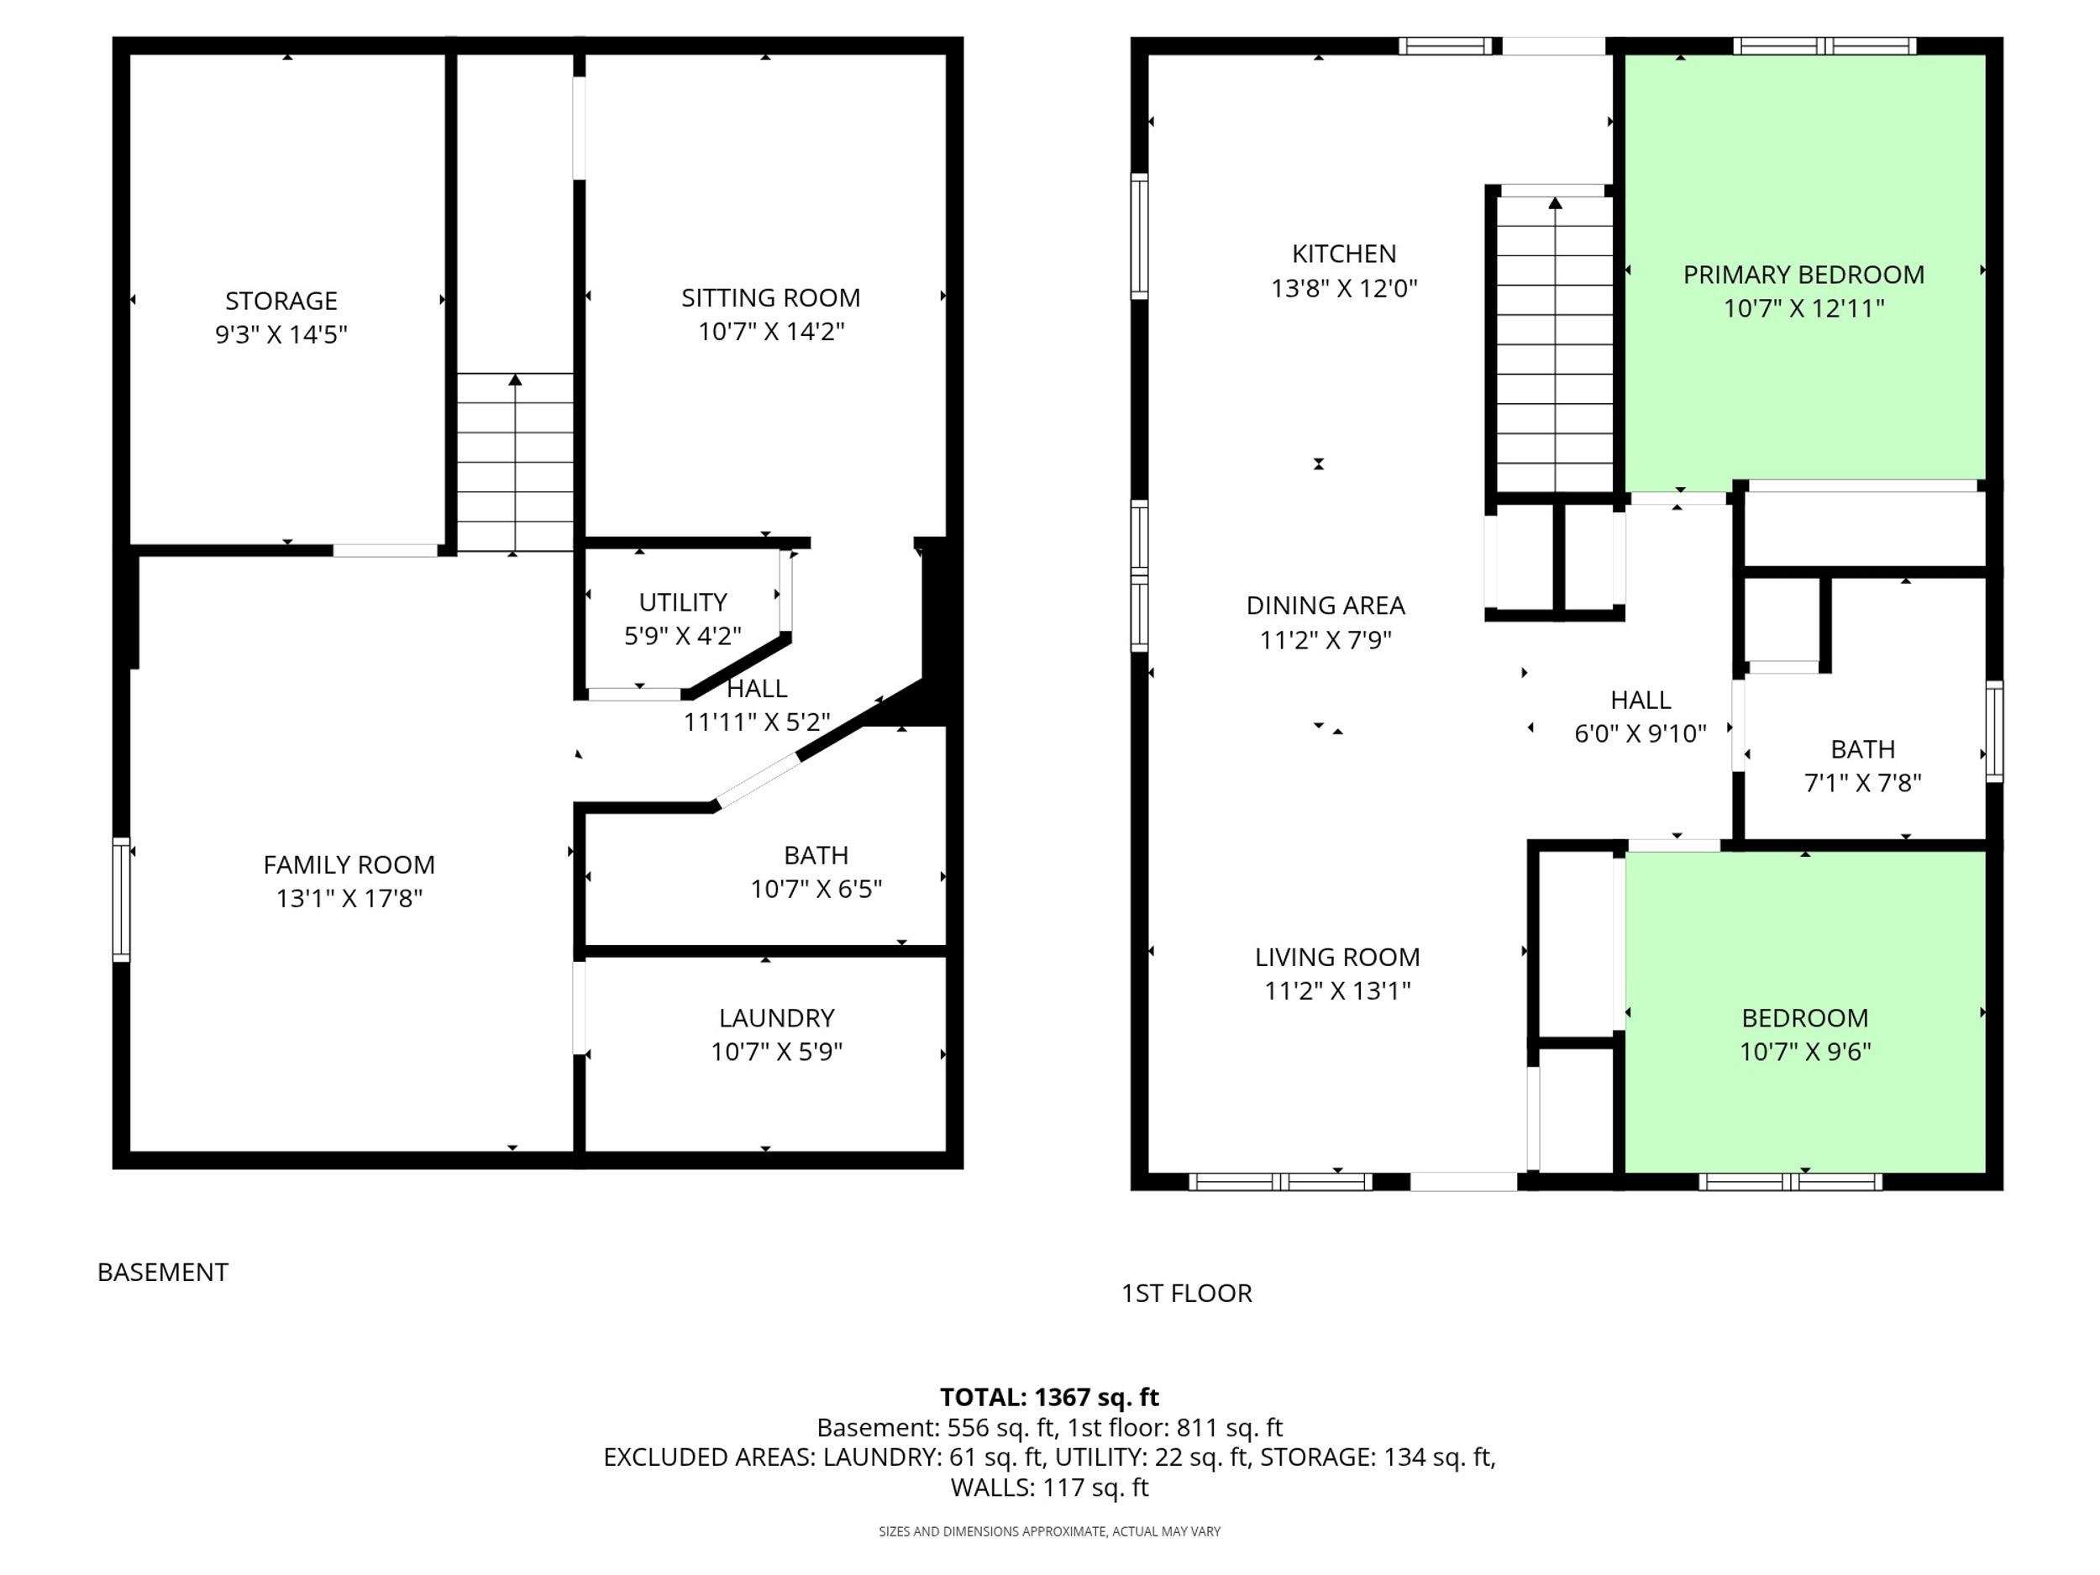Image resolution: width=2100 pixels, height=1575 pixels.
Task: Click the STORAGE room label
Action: coord(281,301)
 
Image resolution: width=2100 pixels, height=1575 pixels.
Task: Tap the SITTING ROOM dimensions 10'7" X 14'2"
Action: coord(771,331)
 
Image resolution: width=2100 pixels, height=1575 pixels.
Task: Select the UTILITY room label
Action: coord(683,602)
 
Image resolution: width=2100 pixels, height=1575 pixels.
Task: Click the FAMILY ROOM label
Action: coord(349,865)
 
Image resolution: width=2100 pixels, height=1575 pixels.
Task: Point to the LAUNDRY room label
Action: coord(777,1018)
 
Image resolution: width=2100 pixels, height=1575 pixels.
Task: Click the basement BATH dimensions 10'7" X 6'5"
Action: coord(816,889)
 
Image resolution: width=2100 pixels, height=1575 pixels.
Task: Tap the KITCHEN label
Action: coord(1344,254)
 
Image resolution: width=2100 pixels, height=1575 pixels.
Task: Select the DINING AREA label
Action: coord(1326,606)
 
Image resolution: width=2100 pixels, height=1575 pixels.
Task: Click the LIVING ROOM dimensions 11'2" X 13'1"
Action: coord(1336,990)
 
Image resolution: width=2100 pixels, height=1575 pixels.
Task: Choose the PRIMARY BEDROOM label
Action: coord(1803,275)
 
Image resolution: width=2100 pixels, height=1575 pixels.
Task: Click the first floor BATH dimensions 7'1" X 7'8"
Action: coord(1862,782)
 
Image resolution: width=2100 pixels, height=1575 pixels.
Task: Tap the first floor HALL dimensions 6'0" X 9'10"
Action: coord(1641,733)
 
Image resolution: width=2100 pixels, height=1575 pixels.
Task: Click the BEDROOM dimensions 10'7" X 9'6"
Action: coord(1805,1051)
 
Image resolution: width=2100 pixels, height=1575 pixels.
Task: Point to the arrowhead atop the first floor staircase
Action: coord(1555,202)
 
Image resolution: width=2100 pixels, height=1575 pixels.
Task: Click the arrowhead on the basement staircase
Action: coord(515,380)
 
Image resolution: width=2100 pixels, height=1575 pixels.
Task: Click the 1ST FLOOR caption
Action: coord(1187,1293)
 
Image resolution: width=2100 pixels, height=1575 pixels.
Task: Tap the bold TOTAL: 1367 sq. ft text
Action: coord(1049,1398)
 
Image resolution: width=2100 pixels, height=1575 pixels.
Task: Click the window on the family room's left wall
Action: coord(121,899)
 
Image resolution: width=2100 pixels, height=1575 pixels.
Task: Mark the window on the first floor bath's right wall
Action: coord(1995,731)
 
